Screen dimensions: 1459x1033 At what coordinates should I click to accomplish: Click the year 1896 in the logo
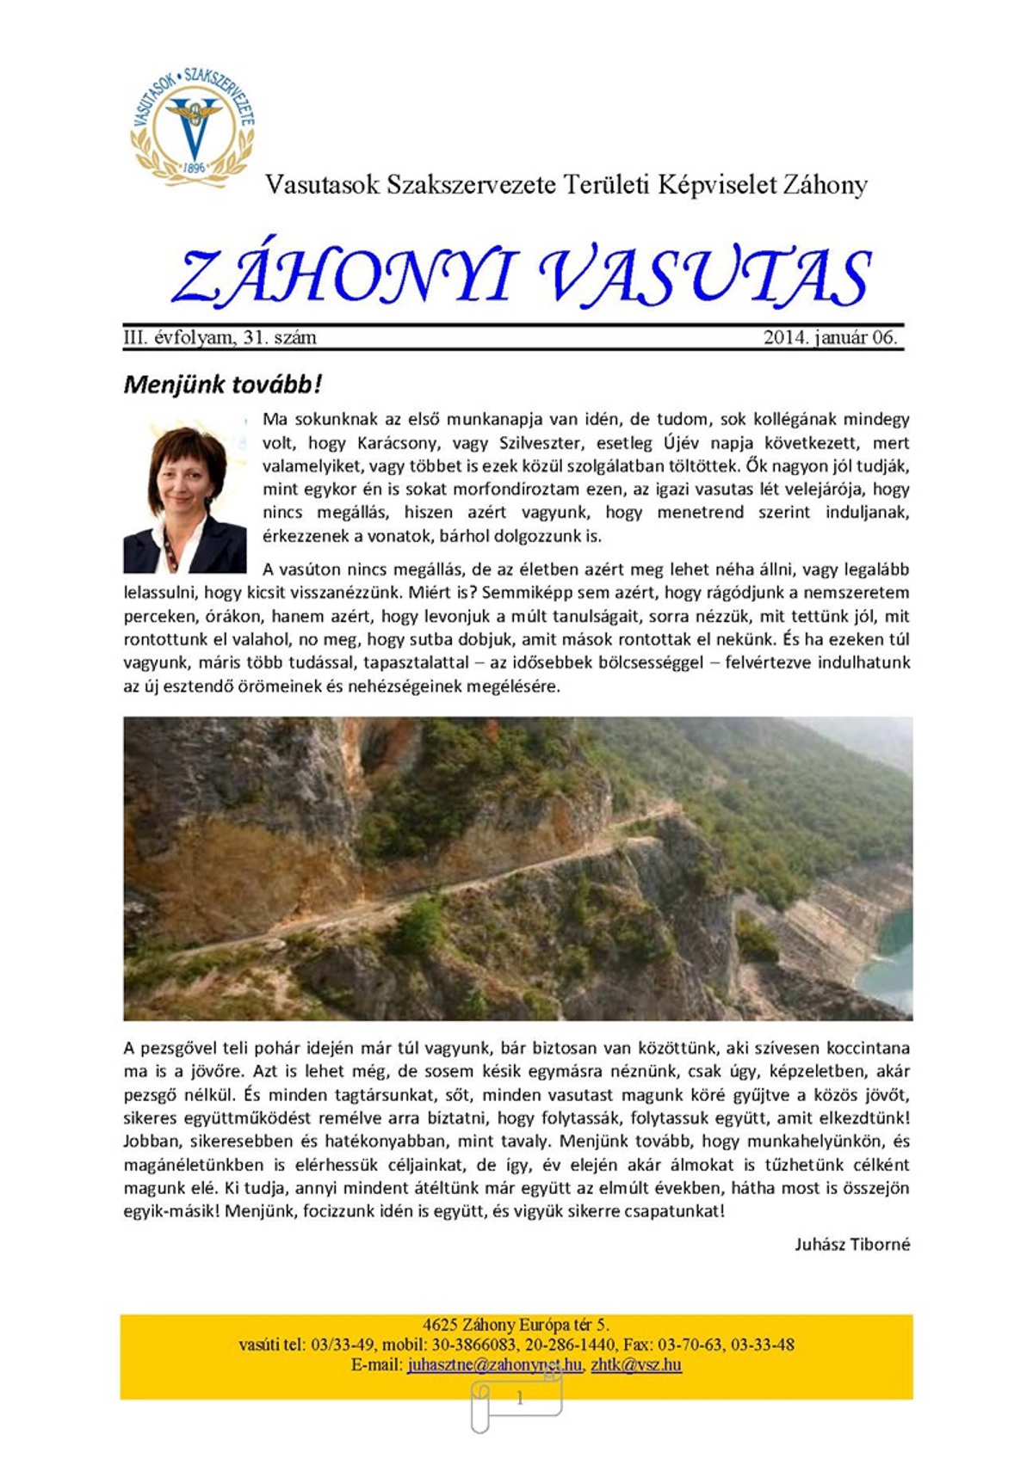tap(195, 168)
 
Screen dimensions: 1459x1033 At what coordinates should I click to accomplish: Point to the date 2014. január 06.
tap(830, 338)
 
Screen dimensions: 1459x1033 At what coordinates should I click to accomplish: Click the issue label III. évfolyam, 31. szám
tap(220, 338)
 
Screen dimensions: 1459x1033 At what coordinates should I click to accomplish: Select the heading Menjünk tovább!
tap(223, 385)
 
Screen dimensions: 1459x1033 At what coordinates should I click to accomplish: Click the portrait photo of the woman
tap(185, 499)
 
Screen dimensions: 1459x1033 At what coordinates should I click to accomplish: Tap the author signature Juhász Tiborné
tap(852, 1244)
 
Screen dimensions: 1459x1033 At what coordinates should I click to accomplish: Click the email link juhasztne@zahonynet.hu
tap(494, 1365)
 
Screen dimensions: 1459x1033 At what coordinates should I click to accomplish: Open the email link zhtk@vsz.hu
tap(636, 1365)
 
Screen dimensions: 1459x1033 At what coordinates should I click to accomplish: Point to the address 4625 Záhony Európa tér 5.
tap(516, 1325)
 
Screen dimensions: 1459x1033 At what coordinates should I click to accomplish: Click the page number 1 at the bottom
tap(519, 1399)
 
